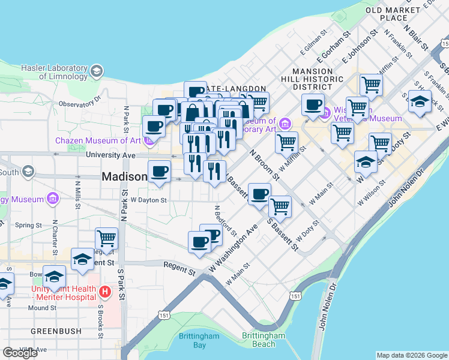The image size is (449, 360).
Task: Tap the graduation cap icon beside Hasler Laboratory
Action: click(x=95, y=73)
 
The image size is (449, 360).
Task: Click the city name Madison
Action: click(x=124, y=177)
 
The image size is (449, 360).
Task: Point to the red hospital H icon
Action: click(x=105, y=292)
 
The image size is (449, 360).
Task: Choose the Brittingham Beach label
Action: click(x=264, y=340)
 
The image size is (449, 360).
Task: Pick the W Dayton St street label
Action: click(x=148, y=199)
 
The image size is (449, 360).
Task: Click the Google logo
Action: click(x=20, y=352)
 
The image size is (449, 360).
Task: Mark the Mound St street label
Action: click(x=42, y=308)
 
